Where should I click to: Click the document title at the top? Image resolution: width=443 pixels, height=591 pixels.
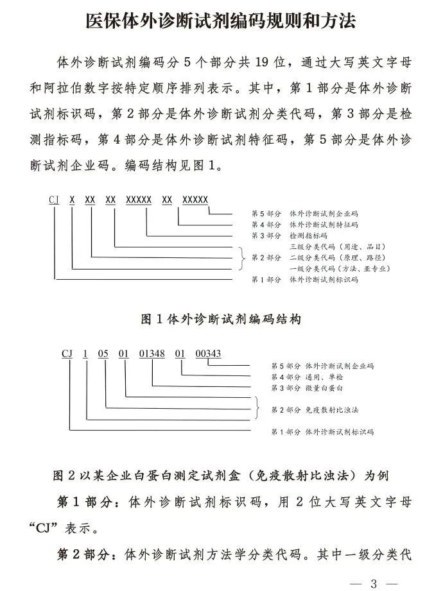[x=221, y=21]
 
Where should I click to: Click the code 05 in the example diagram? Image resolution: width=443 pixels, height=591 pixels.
[x=105, y=353]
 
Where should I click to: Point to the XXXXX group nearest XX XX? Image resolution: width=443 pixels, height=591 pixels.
[x=139, y=200]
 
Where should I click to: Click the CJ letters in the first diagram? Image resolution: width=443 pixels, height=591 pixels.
[x=55, y=200]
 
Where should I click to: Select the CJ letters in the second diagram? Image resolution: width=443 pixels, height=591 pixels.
[x=67, y=353]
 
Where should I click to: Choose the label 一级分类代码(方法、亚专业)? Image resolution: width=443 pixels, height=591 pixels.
[x=340, y=268]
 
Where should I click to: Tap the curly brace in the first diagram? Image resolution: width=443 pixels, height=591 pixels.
[x=242, y=257]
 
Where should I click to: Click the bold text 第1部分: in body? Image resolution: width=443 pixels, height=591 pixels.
[x=87, y=500]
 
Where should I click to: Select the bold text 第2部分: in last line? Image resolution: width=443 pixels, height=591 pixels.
[x=87, y=554]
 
